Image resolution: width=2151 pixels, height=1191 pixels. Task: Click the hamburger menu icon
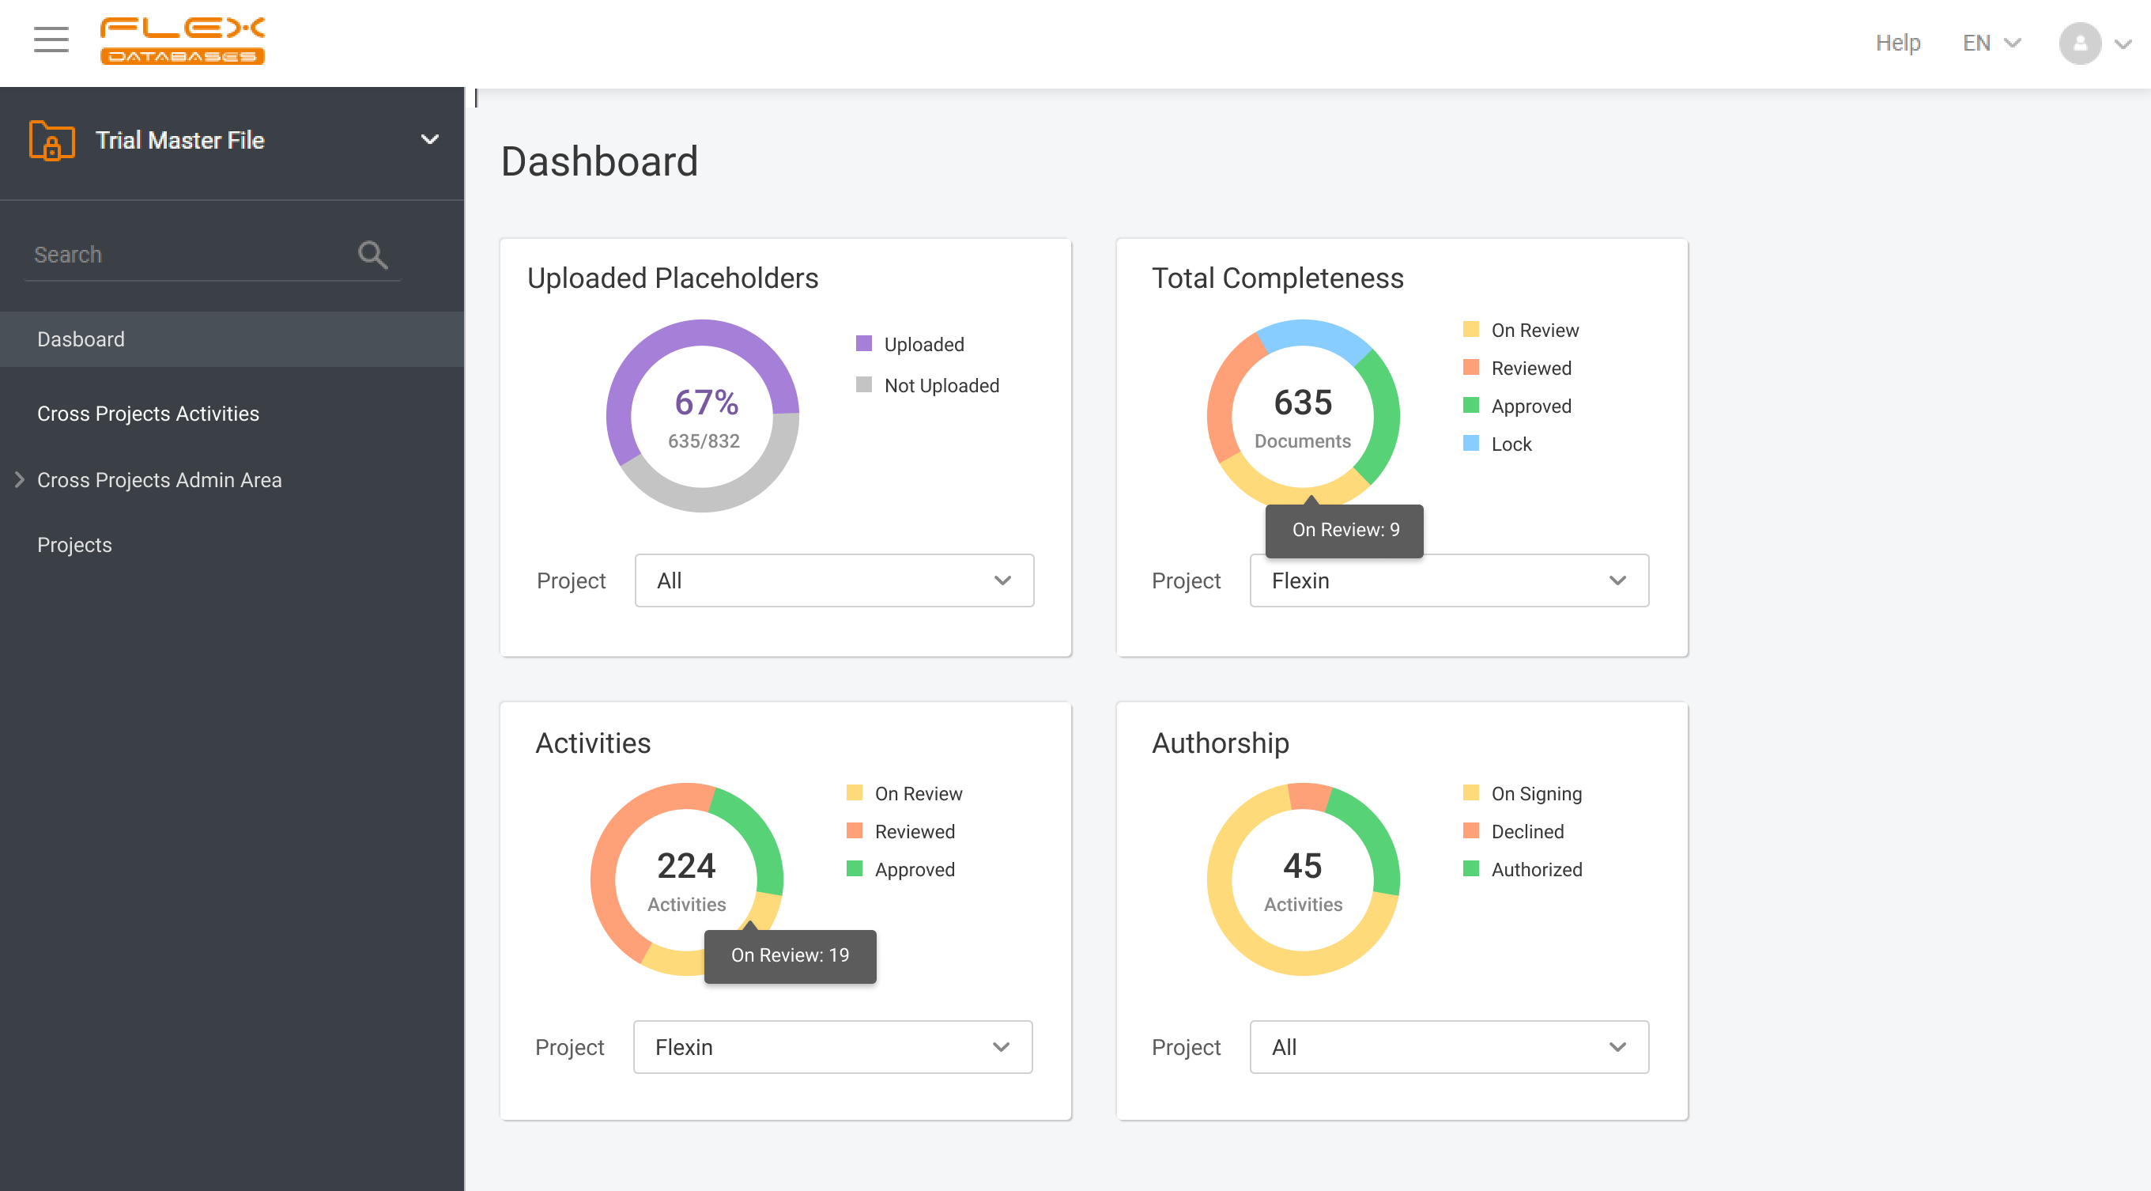tap(51, 40)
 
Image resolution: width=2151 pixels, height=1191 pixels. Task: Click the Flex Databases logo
tap(182, 40)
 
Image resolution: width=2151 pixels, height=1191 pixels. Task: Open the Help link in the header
tap(1897, 43)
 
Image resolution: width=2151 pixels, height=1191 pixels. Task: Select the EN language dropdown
tap(1991, 43)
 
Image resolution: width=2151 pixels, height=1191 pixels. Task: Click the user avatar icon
tap(2079, 43)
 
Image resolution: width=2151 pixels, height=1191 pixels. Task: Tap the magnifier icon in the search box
tap(372, 255)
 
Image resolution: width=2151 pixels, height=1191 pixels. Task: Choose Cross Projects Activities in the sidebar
tap(148, 414)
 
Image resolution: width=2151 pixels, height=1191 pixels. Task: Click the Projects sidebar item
tap(74, 545)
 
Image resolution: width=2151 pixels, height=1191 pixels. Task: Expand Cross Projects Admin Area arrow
tap(19, 479)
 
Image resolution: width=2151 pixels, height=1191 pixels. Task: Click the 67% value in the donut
tap(706, 403)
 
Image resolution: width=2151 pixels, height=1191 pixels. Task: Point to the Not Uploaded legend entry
tap(940, 385)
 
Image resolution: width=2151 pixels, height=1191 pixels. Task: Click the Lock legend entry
tap(1511, 444)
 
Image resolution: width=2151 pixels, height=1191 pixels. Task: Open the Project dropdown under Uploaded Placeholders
tap(833, 580)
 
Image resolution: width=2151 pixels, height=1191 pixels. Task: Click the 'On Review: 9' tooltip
tap(1345, 530)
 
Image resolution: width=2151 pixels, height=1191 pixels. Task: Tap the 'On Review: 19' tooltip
tap(789, 955)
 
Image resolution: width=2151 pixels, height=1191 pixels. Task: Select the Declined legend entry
tap(1526, 831)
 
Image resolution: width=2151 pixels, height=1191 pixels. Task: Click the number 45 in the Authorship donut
tap(1302, 865)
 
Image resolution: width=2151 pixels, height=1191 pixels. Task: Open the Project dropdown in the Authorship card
tap(1448, 1046)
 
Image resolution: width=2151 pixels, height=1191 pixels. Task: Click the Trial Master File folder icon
tap(51, 140)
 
